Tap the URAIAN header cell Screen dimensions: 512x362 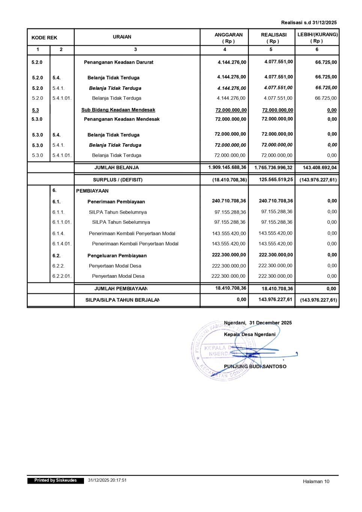tap(122, 37)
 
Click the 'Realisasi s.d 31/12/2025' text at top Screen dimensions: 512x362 tap(309, 22)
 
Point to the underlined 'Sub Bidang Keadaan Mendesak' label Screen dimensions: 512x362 tap(118, 110)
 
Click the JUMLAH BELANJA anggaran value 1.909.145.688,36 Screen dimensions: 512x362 tap(228, 167)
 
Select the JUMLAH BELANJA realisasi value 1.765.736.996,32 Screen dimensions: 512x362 tap(273, 168)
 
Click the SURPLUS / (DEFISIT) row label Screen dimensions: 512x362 tap(118, 180)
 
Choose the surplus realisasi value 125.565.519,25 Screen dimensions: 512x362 tap(276, 180)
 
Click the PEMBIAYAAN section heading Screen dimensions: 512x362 tap(92, 191)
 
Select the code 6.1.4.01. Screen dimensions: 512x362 tap(62, 244)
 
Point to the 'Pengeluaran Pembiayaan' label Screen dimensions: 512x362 tap(117, 256)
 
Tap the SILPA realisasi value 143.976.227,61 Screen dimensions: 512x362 tap(275, 299)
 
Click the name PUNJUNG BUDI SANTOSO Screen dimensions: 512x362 tap(255, 366)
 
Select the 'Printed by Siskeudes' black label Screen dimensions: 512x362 tap(56, 481)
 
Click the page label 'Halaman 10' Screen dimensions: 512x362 tap(316, 481)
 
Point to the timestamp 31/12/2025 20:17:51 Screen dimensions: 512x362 tap(107, 480)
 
